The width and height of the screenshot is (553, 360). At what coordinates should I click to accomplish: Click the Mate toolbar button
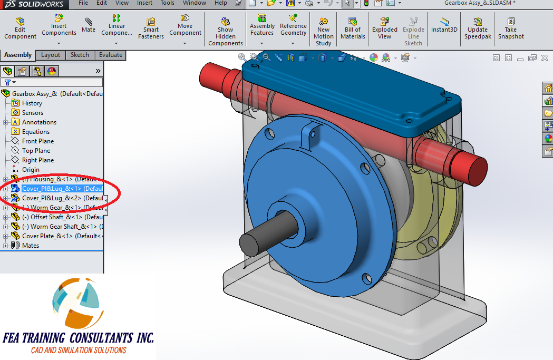(x=89, y=25)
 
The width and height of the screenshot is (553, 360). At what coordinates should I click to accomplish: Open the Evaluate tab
(x=110, y=55)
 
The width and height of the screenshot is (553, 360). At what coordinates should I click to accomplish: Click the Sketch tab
(x=80, y=55)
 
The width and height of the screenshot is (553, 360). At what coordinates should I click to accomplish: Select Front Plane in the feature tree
(x=37, y=141)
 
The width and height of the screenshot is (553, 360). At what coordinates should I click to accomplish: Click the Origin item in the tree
(x=31, y=170)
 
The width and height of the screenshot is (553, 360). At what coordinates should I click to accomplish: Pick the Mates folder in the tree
(x=30, y=246)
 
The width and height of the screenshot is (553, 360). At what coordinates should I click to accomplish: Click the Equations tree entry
(x=35, y=132)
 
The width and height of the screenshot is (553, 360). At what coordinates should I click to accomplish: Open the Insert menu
(x=144, y=3)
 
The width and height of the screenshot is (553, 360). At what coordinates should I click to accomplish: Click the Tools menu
(x=167, y=3)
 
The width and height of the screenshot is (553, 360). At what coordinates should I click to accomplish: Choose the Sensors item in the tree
(x=32, y=113)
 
